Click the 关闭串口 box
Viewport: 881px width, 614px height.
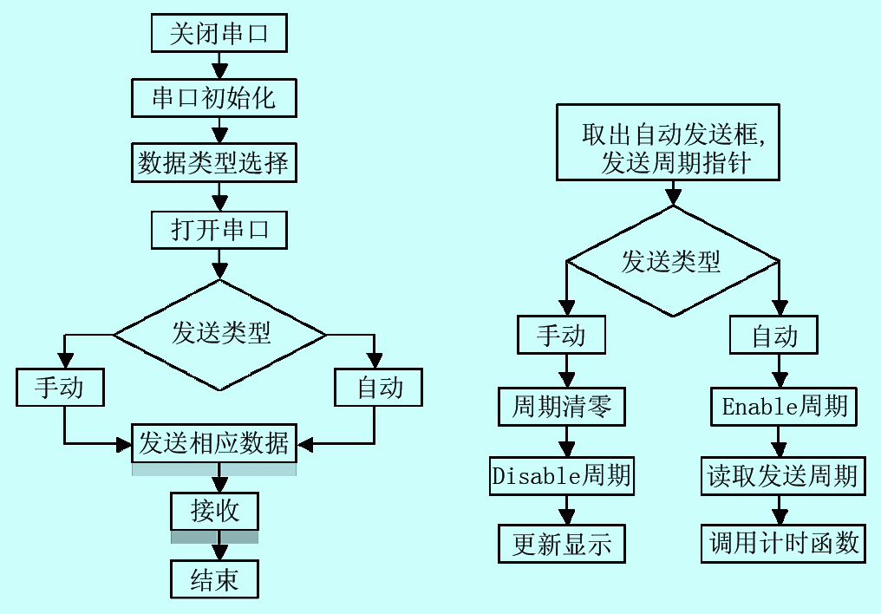coord(218,36)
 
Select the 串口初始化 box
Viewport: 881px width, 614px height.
coord(214,97)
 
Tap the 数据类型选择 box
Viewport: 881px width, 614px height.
coord(214,162)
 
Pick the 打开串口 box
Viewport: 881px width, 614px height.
coord(218,229)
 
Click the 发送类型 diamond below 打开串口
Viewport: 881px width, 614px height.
coord(220,334)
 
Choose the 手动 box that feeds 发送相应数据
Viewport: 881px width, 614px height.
coord(60,387)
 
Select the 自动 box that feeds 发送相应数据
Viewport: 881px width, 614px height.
coord(379,387)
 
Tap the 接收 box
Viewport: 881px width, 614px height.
coord(214,511)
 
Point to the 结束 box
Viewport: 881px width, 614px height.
coord(214,578)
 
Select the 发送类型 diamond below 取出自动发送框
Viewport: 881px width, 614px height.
coord(672,261)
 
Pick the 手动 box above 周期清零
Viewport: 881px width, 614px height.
coord(561,335)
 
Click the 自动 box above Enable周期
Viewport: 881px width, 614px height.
coord(773,335)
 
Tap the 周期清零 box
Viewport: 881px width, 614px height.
coord(561,406)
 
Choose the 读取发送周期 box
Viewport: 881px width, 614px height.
coord(783,475)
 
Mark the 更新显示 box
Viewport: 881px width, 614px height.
coord(561,544)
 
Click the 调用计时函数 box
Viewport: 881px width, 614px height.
coord(783,544)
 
